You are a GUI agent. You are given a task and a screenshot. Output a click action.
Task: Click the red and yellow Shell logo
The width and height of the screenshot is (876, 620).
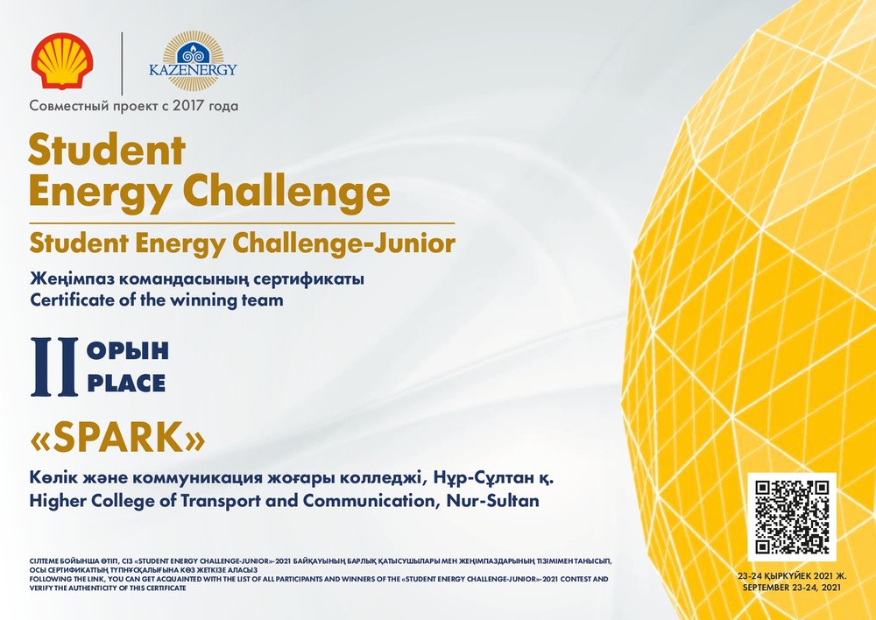(x=62, y=61)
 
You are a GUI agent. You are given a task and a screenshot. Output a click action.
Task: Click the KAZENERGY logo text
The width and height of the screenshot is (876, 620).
(x=193, y=70)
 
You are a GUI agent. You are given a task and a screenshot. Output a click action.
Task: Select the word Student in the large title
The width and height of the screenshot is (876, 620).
(x=107, y=150)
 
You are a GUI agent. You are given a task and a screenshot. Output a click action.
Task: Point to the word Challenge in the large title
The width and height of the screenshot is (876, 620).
(x=286, y=191)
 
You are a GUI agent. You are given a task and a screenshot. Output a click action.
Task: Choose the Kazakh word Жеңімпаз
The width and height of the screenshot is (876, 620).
(x=72, y=278)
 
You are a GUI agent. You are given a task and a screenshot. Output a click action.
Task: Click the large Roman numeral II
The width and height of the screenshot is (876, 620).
(x=54, y=367)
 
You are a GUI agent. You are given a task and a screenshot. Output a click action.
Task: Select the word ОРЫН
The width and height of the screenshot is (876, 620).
(x=128, y=351)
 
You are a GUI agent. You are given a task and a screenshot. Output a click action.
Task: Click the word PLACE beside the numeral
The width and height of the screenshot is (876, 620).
(x=126, y=384)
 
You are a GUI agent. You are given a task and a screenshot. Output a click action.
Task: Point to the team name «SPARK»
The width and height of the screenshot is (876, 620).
(x=117, y=437)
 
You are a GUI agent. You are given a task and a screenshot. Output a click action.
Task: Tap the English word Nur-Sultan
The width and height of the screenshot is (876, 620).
(x=492, y=501)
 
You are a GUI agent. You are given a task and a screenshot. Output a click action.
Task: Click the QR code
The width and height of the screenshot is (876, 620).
(x=792, y=517)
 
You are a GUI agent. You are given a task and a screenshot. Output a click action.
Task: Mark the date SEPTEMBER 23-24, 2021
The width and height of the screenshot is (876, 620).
(x=792, y=588)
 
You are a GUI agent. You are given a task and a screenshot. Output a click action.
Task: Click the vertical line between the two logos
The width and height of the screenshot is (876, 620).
(x=122, y=64)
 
